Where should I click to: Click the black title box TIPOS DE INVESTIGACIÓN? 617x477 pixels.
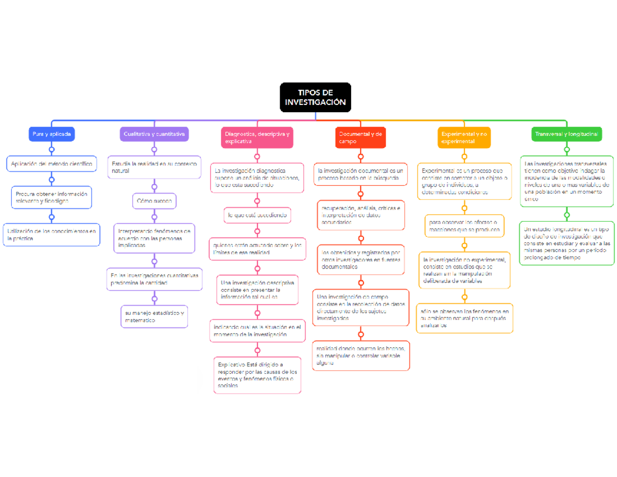point(315,97)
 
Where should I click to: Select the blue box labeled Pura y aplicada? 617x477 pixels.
point(51,134)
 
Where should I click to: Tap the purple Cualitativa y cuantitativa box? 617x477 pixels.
point(154,134)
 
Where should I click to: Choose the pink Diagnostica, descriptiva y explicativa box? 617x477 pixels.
point(257,137)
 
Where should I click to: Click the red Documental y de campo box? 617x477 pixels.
point(360,137)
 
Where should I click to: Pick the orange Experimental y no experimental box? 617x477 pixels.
point(464,137)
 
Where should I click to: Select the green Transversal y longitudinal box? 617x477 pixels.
point(567,134)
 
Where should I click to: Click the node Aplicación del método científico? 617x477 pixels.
point(51,164)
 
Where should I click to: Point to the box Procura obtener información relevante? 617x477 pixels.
point(51,197)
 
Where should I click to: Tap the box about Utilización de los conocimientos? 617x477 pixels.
point(51,235)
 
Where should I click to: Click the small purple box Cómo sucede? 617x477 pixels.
point(154,200)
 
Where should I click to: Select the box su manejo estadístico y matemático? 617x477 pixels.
point(154,316)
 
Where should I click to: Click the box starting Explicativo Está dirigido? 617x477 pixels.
point(257,375)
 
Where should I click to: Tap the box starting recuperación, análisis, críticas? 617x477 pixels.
point(360,215)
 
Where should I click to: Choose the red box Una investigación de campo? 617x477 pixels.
point(360,308)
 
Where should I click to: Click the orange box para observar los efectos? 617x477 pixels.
point(464,226)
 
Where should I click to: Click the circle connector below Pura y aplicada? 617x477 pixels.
point(51,150)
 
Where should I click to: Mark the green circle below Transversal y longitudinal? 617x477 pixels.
point(567,150)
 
